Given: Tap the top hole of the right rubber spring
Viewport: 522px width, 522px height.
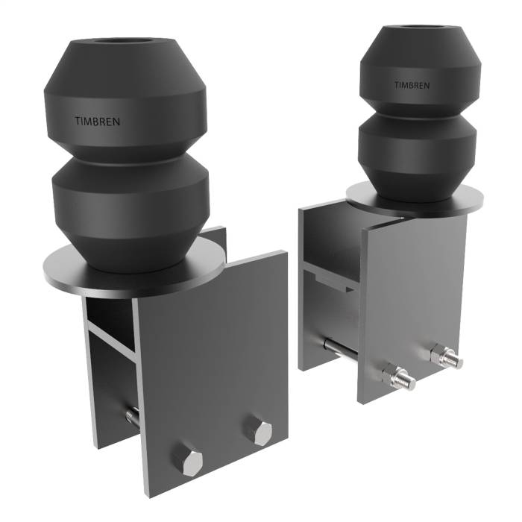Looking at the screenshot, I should (419, 33).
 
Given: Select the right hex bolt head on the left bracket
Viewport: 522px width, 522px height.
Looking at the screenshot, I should (261, 432).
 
